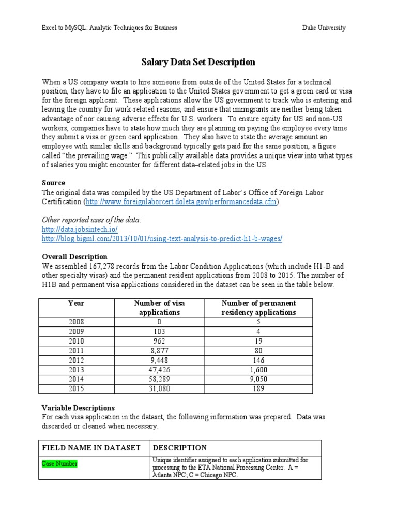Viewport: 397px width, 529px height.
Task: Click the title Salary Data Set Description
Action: pos(198,62)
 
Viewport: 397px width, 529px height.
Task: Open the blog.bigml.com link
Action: pos(162,238)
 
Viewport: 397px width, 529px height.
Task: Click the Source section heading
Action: pos(53,183)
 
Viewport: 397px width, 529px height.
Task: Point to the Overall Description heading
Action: pos(74,257)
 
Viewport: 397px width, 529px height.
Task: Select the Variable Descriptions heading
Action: pos(78,408)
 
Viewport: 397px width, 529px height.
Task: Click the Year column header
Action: pos(76,303)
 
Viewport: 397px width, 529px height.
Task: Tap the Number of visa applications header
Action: pos(159,307)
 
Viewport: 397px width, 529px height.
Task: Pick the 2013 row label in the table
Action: pos(76,370)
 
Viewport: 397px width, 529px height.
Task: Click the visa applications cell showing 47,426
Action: pos(159,370)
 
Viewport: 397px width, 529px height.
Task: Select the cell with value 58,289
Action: pos(159,379)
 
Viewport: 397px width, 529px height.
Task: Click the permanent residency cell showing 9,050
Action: pos(258,379)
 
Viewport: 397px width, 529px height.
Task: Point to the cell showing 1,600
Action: pos(258,370)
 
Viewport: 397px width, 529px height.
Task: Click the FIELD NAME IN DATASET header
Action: pos(91,448)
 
